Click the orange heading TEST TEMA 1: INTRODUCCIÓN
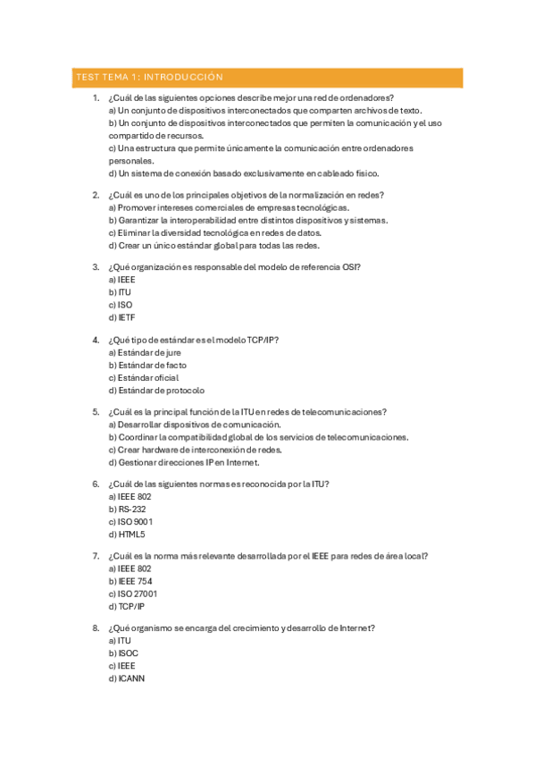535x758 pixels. tap(148, 78)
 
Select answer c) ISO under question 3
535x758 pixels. tap(120, 305)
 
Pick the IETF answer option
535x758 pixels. tap(121, 317)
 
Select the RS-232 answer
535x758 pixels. tap(127, 509)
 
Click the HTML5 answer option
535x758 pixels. tap(126, 535)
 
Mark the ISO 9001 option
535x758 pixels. tap(130, 522)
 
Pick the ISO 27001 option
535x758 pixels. tap(132, 594)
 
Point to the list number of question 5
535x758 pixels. tap(96, 412)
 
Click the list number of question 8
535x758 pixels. tap(96, 627)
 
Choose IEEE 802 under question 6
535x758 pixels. tap(130, 496)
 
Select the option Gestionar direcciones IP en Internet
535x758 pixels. tap(183, 463)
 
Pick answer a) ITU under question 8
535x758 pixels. tap(120, 640)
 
